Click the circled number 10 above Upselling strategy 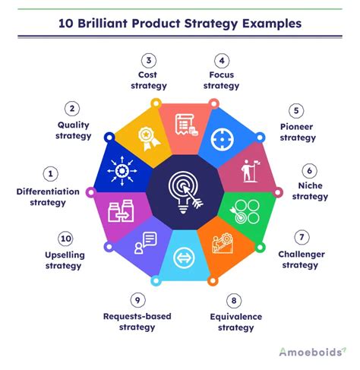49,238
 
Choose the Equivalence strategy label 234,321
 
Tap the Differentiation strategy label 47,197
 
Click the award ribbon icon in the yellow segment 146,137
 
